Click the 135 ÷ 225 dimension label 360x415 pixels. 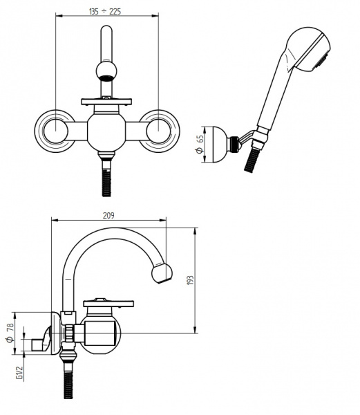[x=105, y=12]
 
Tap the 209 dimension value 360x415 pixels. [x=108, y=216]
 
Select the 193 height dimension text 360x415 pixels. [x=190, y=280]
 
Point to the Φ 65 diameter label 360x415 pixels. [x=200, y=145]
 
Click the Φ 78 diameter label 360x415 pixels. [x=10, y=333]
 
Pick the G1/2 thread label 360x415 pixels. [x=19, y=373]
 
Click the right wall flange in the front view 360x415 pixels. [x=159, y=131]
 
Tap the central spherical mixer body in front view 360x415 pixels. [x=106, y=132]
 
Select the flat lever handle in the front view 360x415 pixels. [x=106, y=102]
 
